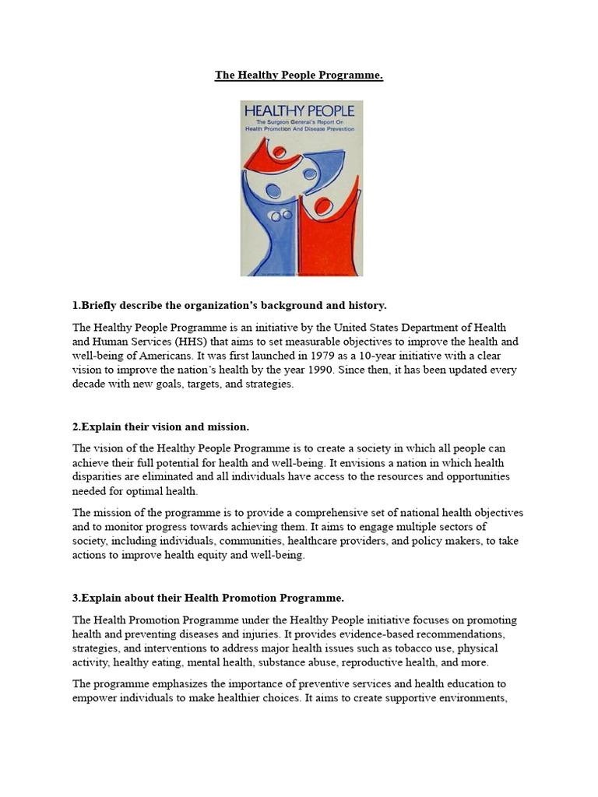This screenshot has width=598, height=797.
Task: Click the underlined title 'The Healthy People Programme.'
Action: pos(299,75)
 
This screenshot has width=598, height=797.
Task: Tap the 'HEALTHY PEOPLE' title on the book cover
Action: pos(301,111)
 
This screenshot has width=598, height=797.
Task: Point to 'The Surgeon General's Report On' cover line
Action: pos(301,122)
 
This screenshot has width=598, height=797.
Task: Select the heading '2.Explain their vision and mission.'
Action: pos(171,427)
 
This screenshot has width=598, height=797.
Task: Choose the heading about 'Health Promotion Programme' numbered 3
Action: pos(208,598)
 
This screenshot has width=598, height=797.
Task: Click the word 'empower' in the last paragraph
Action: pos(96,697)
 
